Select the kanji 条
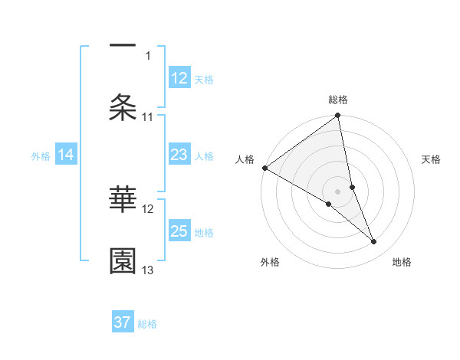coord(123,108)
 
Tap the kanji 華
coord(123,199)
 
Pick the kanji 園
coord(123,261)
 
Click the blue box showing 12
coord(179,78)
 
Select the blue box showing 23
coord(179,155)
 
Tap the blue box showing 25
coord(179,231)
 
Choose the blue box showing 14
coord(66,155)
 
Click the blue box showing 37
coord(123,322)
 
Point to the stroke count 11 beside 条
coord(149,117)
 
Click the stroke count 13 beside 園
coord(149,270)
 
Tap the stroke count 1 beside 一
coord(149,56)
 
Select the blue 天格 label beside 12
coord(204,79)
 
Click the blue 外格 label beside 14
coord(41,156)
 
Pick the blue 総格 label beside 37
coord(147,323)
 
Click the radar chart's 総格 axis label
coord(338,100)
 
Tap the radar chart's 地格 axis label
coord(402,262)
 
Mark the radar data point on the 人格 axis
coord(265,168)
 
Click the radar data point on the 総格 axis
coord(338,116)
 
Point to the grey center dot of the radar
coord(338,191)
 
